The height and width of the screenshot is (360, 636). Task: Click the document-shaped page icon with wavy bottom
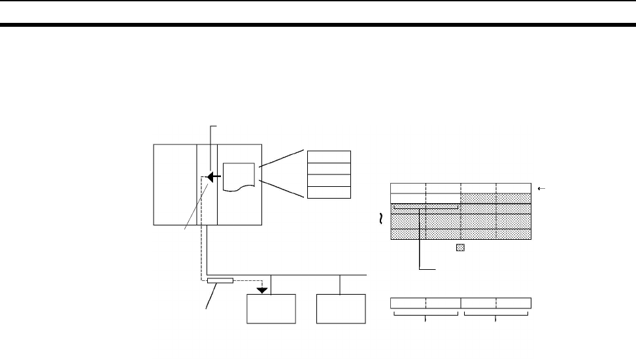240,176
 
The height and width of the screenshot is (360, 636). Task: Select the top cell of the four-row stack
329,156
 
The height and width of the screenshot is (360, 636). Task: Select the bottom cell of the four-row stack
329,192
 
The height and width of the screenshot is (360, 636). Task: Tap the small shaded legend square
460,248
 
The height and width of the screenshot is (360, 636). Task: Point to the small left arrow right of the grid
540,188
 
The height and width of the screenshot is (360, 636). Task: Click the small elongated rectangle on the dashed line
220,281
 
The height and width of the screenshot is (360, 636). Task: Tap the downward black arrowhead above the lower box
263,289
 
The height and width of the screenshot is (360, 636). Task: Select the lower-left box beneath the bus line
271,308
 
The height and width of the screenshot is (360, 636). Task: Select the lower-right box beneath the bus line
340,308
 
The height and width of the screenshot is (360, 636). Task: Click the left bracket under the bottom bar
426,315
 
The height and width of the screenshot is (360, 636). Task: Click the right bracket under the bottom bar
496,315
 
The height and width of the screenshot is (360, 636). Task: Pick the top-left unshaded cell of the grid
408,188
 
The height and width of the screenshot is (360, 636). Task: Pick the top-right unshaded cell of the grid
513,188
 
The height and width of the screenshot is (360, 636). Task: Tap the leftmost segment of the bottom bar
408,303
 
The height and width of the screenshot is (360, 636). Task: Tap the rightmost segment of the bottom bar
514,303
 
